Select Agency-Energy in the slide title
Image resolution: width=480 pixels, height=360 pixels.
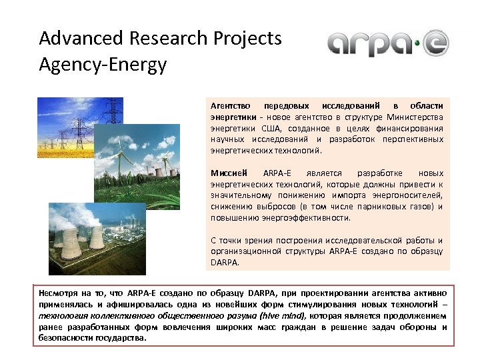[x=103, y=65]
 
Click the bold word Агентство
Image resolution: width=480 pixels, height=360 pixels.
[x=230, y=106]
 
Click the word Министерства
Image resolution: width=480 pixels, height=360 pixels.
[x=413, y=117]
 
